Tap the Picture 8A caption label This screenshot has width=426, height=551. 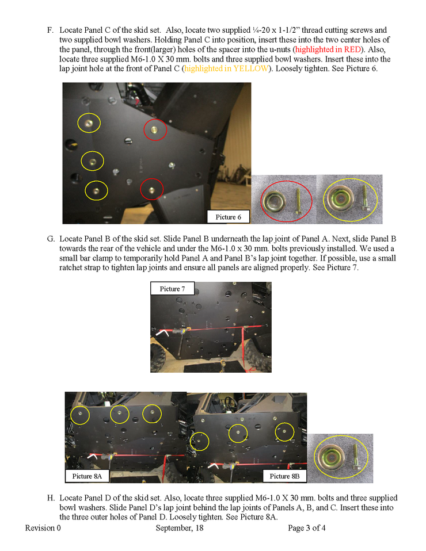click(x=86, y=476)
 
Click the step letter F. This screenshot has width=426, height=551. click(x=50, y=29)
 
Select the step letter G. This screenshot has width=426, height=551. click(x=51, y=239)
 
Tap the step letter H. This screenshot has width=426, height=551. click(x=51, y=498)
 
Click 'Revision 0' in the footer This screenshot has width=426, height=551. click(x=43, y=528)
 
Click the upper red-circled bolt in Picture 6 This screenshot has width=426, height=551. click(x=155, y=130)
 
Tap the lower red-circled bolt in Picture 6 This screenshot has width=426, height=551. click(x=151, y=188)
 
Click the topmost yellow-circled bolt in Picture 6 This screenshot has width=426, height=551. click(x=88, y=123)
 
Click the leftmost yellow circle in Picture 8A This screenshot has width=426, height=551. click(x=80, y=414)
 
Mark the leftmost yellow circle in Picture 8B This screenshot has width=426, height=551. click(x=200, y=441)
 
